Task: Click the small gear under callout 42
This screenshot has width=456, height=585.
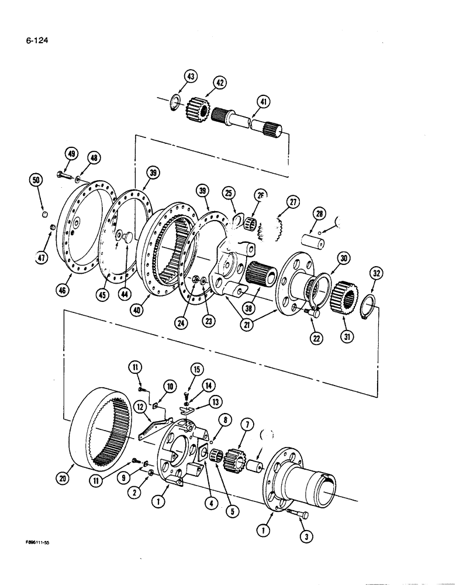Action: (x=194, y=108)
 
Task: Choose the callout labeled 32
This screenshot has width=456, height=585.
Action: (x=375, y=272)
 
